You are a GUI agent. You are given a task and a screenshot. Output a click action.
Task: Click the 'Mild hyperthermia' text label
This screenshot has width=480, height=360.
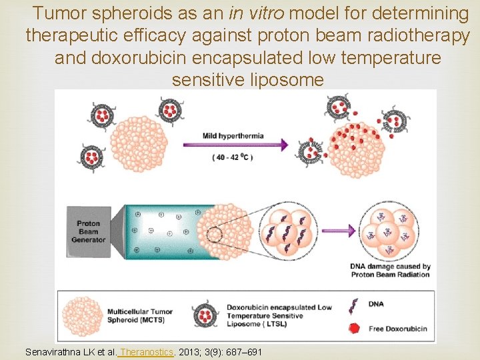(x=233, y=135)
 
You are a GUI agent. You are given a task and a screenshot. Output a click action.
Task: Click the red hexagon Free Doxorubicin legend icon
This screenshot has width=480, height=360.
(x=353, y=328)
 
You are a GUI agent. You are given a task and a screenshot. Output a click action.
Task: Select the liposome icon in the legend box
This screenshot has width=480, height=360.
(x=205, y=315)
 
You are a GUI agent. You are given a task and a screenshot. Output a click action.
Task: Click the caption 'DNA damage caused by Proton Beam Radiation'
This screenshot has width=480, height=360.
(x=390, y=270)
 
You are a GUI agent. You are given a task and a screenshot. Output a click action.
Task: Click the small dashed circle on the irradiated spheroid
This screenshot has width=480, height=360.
(x=215, y=235)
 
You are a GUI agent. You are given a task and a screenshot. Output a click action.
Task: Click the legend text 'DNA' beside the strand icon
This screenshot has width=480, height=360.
(x=377, y=304)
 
